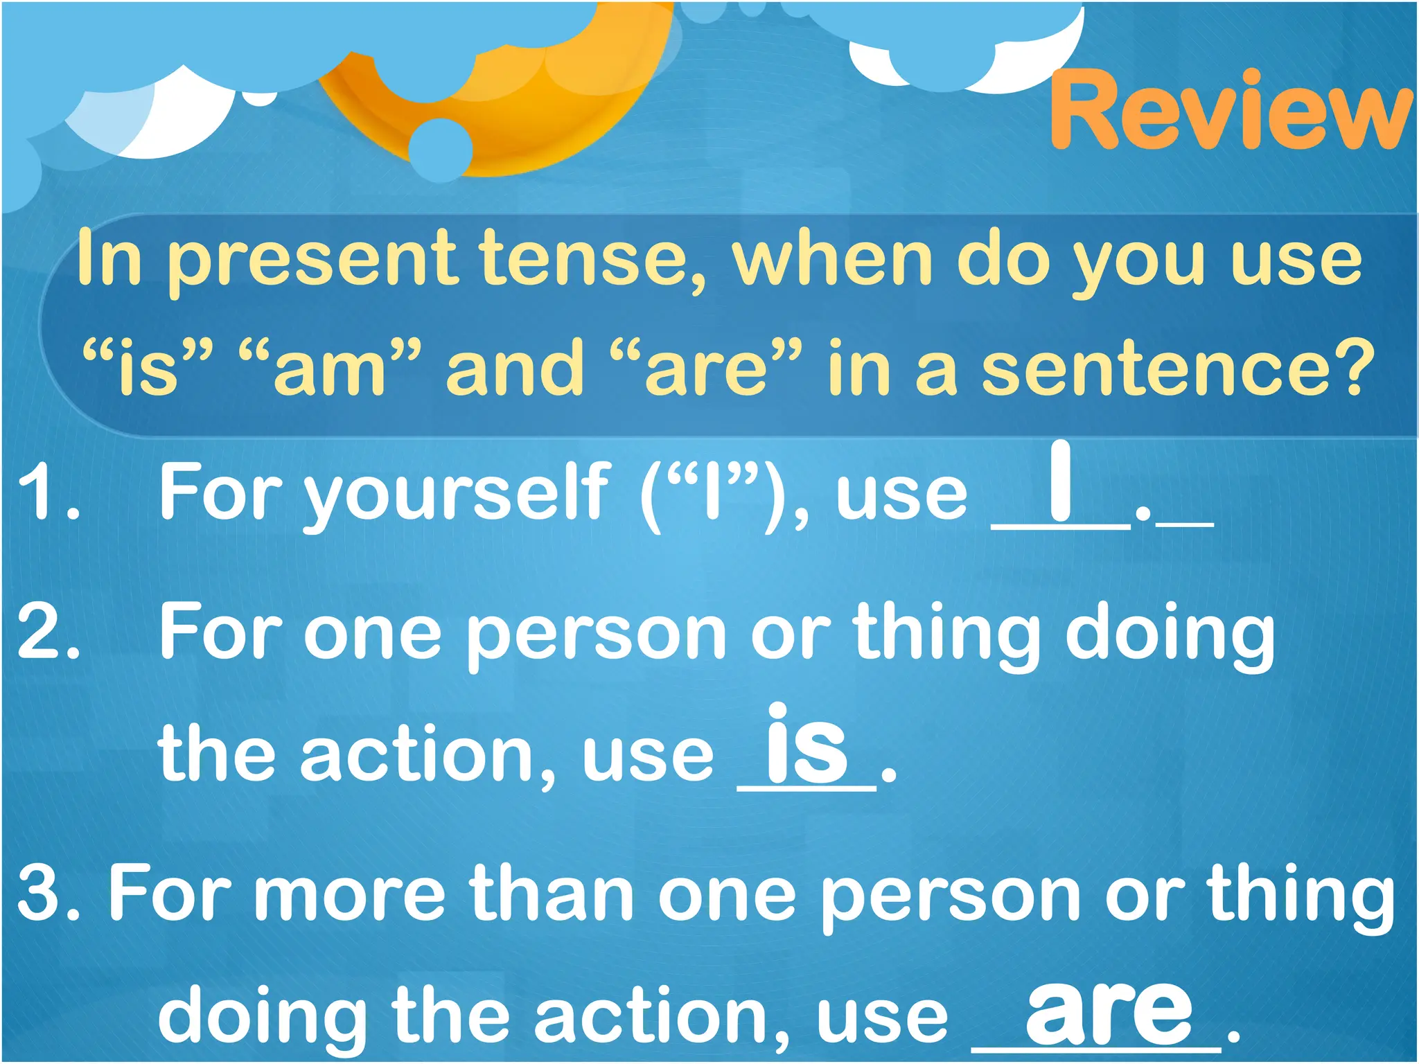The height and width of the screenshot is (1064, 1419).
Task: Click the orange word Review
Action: click(x=1230, y=111)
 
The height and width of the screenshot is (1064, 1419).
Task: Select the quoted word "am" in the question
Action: click(x=329, y=367)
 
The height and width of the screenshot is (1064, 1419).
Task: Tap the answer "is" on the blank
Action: click(x=807, y=745)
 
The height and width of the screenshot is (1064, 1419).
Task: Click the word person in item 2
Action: click(x=596, y=634)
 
